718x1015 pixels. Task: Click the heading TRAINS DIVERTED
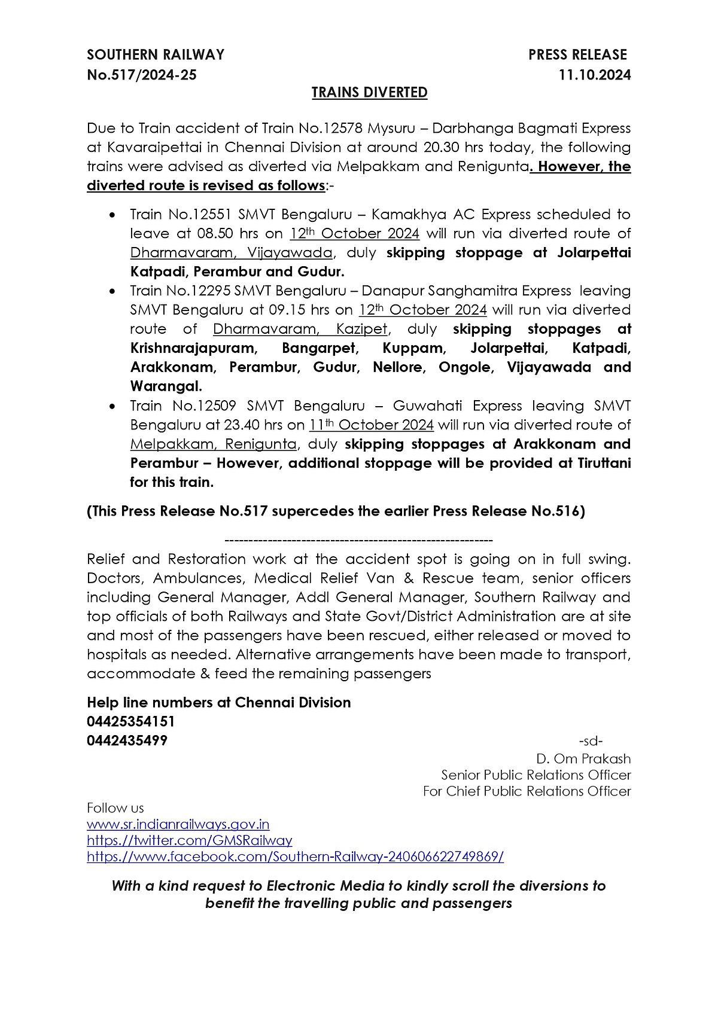pos(369,93)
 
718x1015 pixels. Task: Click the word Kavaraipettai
pos(145,147)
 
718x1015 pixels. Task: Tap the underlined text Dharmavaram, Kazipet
pos(301,329)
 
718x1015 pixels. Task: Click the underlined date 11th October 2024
pos(371,425)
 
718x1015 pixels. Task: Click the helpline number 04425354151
pos(131,721)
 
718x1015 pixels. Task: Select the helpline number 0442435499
pos(127,740)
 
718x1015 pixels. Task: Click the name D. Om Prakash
pos(583,759)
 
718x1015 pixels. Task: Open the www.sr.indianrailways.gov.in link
pos(178,824)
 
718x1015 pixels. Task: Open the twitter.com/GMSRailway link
pos(190,840)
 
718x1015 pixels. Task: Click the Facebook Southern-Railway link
pos(295,856)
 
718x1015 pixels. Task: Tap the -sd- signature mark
pos(591,741)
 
